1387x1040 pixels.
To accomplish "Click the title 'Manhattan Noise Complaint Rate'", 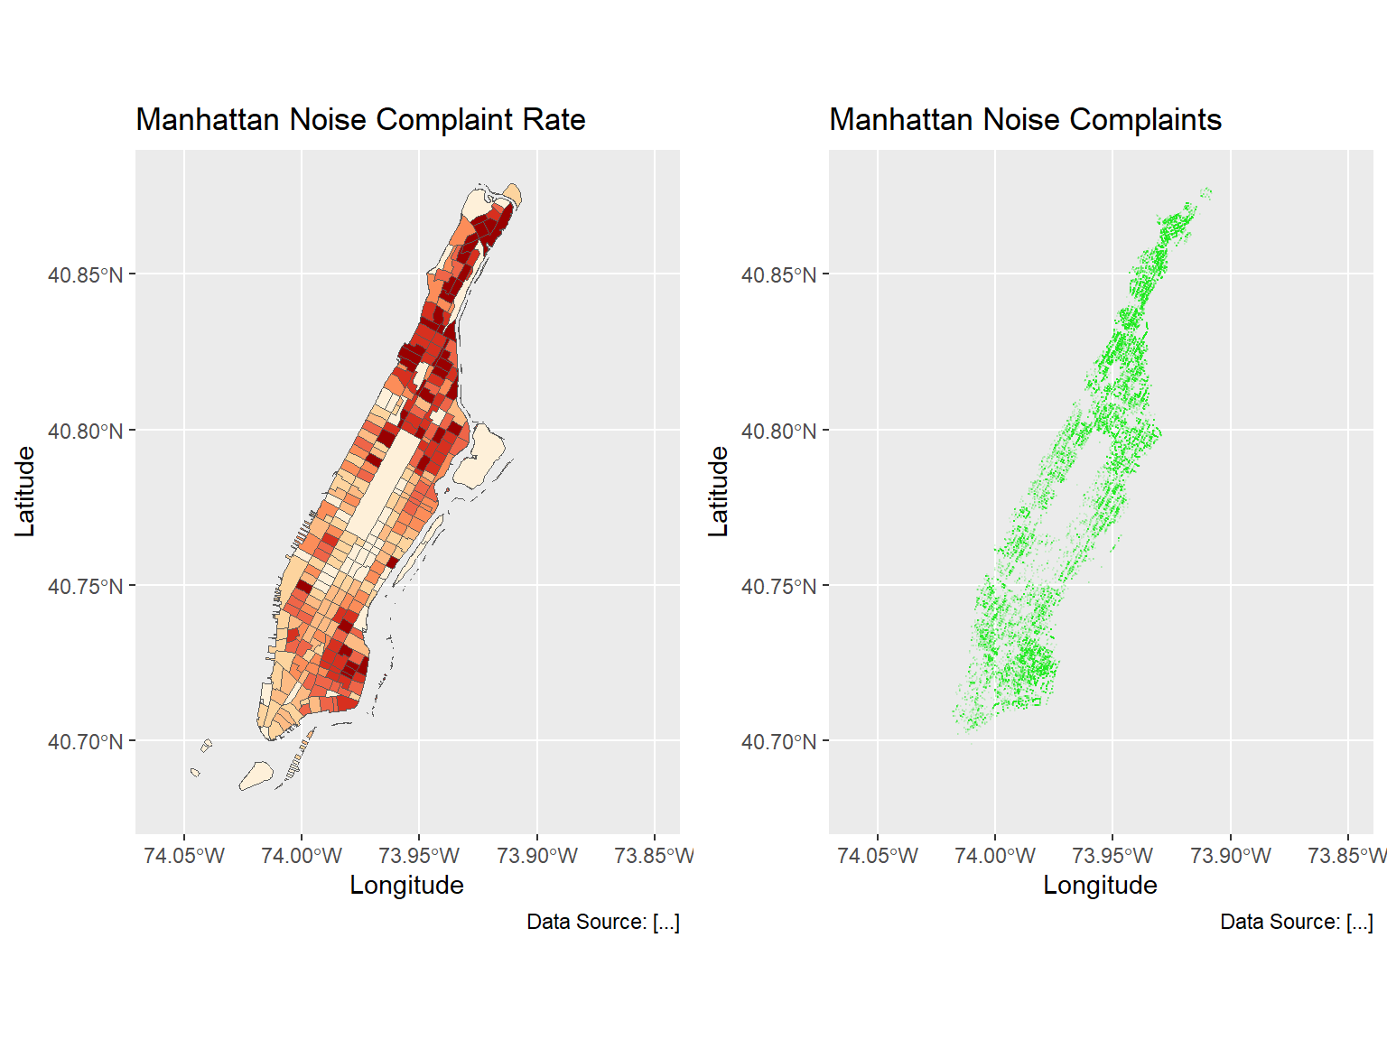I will point(360,120).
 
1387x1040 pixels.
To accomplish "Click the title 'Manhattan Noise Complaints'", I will point(1025,120).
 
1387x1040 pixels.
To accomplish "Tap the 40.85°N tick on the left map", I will point(85,275).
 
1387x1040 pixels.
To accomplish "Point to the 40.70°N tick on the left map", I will point(85,742).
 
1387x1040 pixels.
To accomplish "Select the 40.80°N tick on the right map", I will point(778,432).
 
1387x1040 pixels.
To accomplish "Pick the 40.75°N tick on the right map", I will point(778,587).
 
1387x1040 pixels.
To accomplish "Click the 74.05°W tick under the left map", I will point(184,856).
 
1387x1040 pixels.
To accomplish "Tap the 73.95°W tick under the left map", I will point(419,856).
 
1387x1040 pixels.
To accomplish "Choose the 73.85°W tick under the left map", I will point(654,856).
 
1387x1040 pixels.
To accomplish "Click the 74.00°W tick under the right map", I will point(995,856).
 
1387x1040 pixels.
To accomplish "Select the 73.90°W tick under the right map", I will point(1230,856).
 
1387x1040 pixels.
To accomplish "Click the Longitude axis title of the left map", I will point(406,885).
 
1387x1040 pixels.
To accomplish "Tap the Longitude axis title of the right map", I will point(1100,885).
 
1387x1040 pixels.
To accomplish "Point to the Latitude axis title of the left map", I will point(25,492).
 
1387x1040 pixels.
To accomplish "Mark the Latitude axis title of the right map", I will point(719,492).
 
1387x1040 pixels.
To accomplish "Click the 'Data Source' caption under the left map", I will point(602,922).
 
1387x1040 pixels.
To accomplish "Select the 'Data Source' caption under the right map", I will point(1296,922).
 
